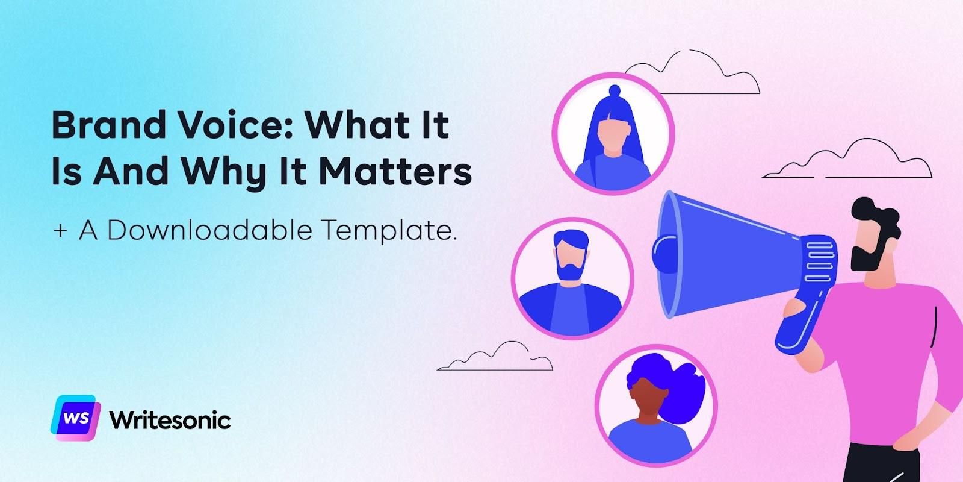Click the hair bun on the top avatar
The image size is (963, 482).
(x=613, y=92)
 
